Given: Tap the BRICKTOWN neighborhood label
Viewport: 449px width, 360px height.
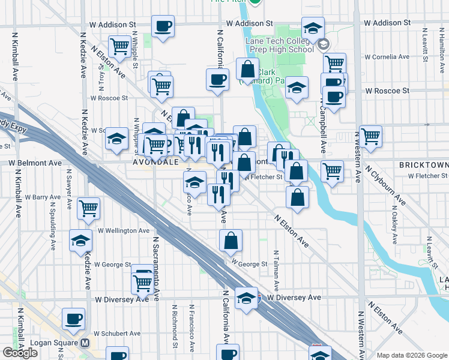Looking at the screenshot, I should point(423,164).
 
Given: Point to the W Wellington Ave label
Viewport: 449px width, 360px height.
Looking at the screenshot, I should point(123,230).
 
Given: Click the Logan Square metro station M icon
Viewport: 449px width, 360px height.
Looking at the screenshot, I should point(85,344).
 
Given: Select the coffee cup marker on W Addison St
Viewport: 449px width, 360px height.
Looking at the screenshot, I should point(163,26).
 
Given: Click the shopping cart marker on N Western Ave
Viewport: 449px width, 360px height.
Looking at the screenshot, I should point(370,136).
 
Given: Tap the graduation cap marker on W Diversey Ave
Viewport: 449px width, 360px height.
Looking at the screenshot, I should point(246,298).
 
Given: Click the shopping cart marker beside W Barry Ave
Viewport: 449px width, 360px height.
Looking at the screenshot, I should point(89,208).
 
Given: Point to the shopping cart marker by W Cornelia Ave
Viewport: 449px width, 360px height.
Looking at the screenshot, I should point(334,63).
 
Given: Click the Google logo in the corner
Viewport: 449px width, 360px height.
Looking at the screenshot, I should point(20,353).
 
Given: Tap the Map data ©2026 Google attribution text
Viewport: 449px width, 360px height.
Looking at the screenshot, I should point(411,355).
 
